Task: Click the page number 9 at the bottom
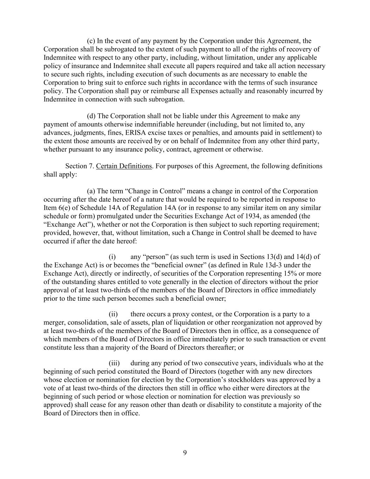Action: point(185,453)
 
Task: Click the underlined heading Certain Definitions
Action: point(124,166)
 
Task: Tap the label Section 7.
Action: point(80,166)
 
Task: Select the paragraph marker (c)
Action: point(91,41)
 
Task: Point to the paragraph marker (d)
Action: point(91,116)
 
